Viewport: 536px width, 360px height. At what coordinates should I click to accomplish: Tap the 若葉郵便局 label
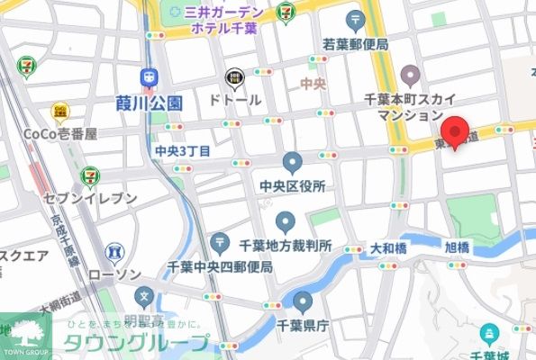click(356, 43)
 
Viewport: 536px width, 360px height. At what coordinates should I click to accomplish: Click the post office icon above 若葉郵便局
click(356, 20)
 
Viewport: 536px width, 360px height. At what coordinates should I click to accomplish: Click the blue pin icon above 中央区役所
click(292, 162)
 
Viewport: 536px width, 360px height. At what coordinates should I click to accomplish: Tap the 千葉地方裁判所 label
click(286, 245)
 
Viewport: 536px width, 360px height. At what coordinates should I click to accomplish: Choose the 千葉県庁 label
click(303, 328)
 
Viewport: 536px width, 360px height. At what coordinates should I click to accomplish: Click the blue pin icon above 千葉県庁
click(303, 302)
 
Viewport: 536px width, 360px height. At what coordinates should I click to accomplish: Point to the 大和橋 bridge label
click(388, 247)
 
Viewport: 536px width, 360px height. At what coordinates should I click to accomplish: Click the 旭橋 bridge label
click(457, 247)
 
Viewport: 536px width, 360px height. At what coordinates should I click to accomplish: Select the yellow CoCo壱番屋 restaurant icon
click(59, 111)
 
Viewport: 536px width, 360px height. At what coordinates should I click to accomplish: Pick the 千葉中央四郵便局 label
click(221, 266)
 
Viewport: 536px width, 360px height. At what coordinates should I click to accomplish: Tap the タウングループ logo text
click(135, 343)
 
